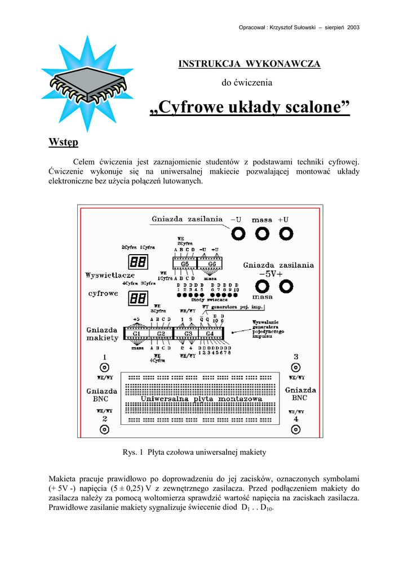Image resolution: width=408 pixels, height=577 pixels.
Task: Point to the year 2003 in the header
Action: [x=353, y=27]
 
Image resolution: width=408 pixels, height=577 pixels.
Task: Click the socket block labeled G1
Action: [x=136, y=334]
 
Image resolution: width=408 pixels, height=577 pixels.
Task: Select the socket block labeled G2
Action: [x=161, y=334]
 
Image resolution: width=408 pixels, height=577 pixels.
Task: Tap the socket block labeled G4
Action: [x=210, y=334]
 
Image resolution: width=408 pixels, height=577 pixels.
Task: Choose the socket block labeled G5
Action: [x=184, y=264]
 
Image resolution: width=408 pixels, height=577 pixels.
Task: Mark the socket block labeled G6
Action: [x=211, y=264]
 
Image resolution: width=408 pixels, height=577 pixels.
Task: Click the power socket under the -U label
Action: [x=239, y=233]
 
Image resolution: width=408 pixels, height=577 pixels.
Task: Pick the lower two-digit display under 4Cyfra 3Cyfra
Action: [x=138, y=298]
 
